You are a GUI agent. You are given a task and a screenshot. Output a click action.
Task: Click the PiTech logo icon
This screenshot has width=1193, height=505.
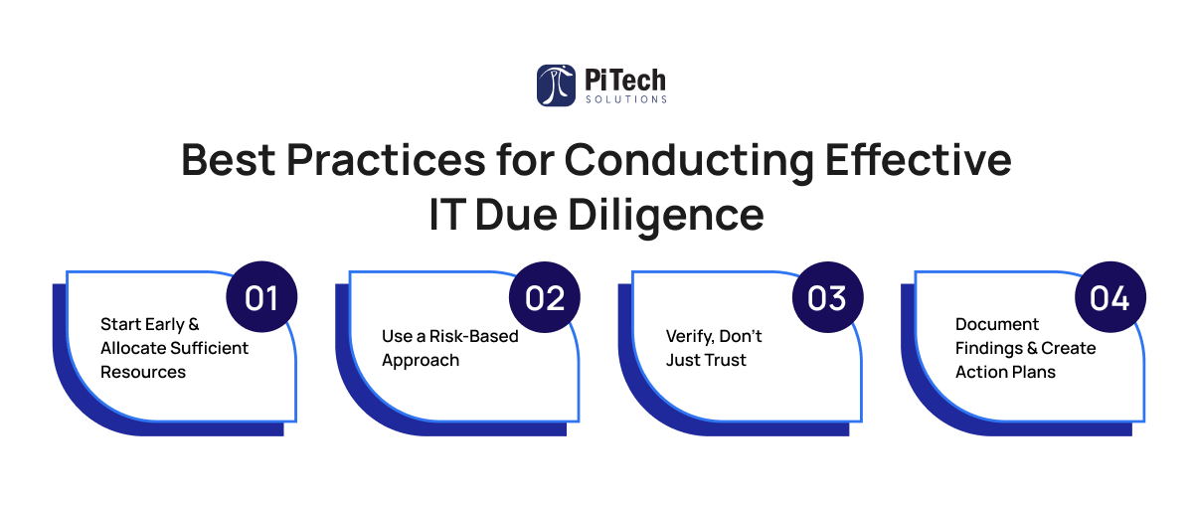point(556,85)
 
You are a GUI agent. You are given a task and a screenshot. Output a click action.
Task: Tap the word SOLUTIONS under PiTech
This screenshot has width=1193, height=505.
point(625,99)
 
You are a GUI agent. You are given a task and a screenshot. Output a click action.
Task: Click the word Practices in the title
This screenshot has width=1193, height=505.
point(386,160)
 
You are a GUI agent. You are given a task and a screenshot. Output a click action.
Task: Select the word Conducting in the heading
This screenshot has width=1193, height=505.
point(689,161)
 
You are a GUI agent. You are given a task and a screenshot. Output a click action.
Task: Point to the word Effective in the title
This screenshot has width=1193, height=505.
point(919,159)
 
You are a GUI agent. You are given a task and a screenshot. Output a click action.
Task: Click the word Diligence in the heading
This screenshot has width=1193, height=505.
point(666,216)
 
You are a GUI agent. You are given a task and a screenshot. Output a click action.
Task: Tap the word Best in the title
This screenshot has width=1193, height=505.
point(229,160)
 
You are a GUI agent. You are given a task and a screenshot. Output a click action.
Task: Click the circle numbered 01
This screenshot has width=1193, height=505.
point(261,296)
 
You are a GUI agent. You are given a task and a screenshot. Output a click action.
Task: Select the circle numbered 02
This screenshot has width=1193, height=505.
point(545,296)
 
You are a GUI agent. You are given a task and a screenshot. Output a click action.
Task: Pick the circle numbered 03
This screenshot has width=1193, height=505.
point(827,296)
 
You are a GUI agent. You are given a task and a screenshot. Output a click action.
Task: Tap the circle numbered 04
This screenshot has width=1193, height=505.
point(1109,296)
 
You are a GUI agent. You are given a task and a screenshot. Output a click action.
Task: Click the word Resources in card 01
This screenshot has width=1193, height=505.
point(143,372)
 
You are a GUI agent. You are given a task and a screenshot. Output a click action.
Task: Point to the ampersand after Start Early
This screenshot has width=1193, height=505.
point(194,324)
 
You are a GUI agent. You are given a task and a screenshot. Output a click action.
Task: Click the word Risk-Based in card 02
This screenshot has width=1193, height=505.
point(473,336)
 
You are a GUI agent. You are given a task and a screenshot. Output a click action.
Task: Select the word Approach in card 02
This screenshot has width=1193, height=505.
point(421,361)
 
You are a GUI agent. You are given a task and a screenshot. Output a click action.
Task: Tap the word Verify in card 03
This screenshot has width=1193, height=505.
point(690,337)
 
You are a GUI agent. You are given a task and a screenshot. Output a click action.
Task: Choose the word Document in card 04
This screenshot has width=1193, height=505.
point(997,324)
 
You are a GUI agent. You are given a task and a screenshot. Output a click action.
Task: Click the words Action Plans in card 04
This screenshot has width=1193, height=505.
point(1005,372)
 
